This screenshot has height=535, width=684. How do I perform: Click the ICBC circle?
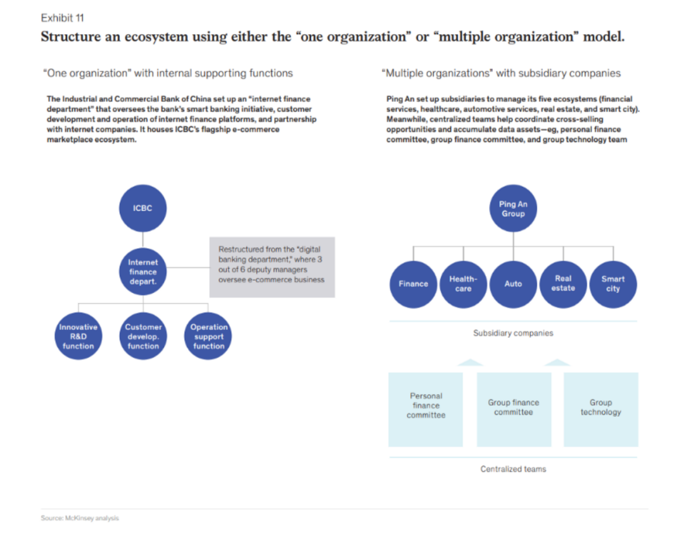(142, 208)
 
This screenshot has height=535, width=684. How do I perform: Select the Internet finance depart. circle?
(142, 272)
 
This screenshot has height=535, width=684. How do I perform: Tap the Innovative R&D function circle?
(78, 336)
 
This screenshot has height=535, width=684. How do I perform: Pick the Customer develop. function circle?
(143, 336)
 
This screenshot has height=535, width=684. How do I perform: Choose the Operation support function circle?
(208, 336)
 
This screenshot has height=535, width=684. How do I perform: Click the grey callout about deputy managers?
(272, 267)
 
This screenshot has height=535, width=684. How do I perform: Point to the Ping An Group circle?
(513, 209)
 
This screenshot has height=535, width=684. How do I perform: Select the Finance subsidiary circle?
(413, 284)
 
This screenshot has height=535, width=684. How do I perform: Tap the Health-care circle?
(463, 284)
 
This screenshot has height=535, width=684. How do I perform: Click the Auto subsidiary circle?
(513, 284)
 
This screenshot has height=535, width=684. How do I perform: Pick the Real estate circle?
(563, 284)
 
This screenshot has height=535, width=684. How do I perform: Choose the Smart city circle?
(612, 284)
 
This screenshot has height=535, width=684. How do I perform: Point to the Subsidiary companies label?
(513, 333)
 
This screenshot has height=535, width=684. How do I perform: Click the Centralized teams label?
(513, 469)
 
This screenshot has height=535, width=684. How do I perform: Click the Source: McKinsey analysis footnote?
(80, 518)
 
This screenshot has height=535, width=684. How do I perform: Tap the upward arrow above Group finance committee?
(469, 363)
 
